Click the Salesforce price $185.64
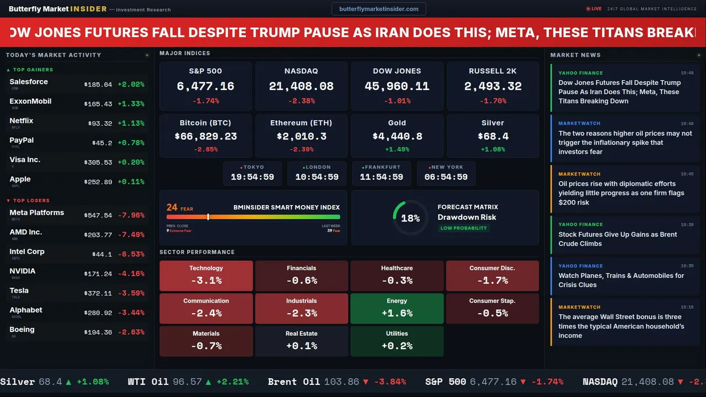[98, 85]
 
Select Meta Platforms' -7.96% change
[133, 216]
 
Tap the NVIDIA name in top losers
[23, 271]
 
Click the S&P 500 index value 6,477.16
[205, 87]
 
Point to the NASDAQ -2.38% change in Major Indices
[301, 101]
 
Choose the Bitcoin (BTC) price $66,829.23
[205, 136]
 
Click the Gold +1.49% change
[397, 149]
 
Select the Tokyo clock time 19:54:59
[252, 177]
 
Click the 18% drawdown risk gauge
[410, 218]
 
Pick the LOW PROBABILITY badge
[463, 228]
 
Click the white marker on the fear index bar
[208, 217]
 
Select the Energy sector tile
[397, 308]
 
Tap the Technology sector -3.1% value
[206, 280]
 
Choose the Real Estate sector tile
[301, 341]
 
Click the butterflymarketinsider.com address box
[378, 9]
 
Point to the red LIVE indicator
[594, 9]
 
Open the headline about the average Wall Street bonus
[621, 326]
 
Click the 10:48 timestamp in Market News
[687, 124]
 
